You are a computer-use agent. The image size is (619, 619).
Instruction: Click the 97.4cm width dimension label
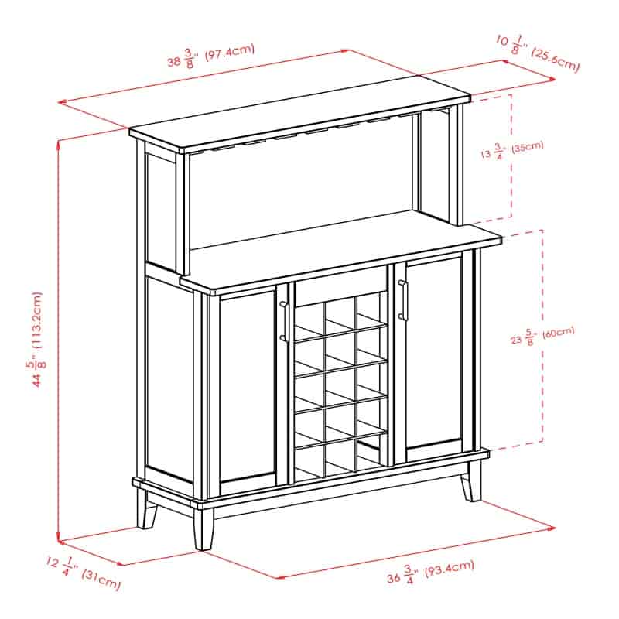click(x=211, y=55)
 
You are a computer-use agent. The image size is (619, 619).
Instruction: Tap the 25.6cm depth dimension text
click(x=538, y=53)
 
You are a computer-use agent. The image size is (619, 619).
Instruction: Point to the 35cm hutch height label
click(x=512, y=149)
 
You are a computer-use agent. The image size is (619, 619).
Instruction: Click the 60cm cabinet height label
click(x=543, y=336)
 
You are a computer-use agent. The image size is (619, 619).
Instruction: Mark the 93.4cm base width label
click(x=430, y=572)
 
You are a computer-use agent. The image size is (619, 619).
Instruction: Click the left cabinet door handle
click(x=282, y=321)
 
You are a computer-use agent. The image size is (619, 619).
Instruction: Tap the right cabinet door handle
click(x=402, y=299)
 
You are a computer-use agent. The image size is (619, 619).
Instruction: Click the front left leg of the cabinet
click(x=204, y=529)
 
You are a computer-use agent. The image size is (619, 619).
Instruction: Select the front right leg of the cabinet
click(x=472, y=481)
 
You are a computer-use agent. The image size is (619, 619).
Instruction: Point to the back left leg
click(x=146, y=509)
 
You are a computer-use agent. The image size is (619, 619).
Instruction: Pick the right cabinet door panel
click(x=434, y=354)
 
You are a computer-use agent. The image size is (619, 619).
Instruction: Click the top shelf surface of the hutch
click(x=300, y=112)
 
